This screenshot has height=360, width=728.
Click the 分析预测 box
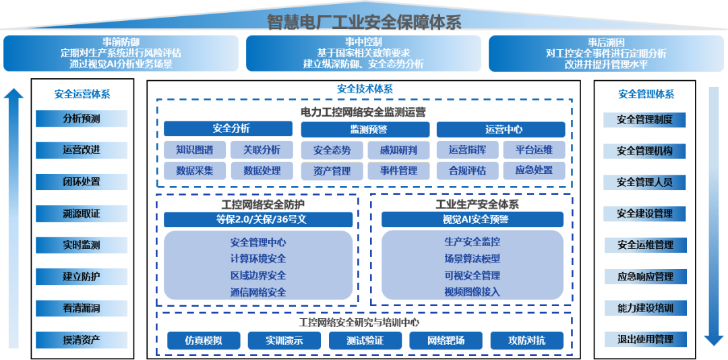click(x=82, y=119)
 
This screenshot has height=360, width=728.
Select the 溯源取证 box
click(x=82, y=214)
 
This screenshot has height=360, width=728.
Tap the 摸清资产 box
click(x=82, y=339)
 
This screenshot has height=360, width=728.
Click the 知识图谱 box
click(x=195, y=150)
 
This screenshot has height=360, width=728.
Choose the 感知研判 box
click(x=398, y=150)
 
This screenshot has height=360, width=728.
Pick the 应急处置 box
click(x=535, y=171)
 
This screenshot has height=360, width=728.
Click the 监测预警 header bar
click(x=364, y=129)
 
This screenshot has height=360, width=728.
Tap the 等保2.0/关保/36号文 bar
click(x=258, y=219)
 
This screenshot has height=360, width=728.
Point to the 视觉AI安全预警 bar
click(x=472, y=219)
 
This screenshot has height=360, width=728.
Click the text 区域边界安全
click(x=258, y=275)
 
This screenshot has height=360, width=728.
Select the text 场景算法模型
click(x=472, y=258)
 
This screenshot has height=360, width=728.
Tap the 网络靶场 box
click(x=446, y=340)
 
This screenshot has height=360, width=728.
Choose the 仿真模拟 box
click(x=204, y=340)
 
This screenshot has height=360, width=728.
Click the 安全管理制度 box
click(x=644, y=120)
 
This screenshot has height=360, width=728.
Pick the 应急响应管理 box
click(x=644, y=276)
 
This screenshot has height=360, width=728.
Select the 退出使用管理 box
click(x=644, y=339)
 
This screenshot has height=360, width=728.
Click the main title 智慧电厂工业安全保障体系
click(x=364, y=22)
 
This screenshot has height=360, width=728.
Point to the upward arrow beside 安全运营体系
click(x=14, y=216)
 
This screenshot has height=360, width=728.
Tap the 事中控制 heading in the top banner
click(x=363, y=42)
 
